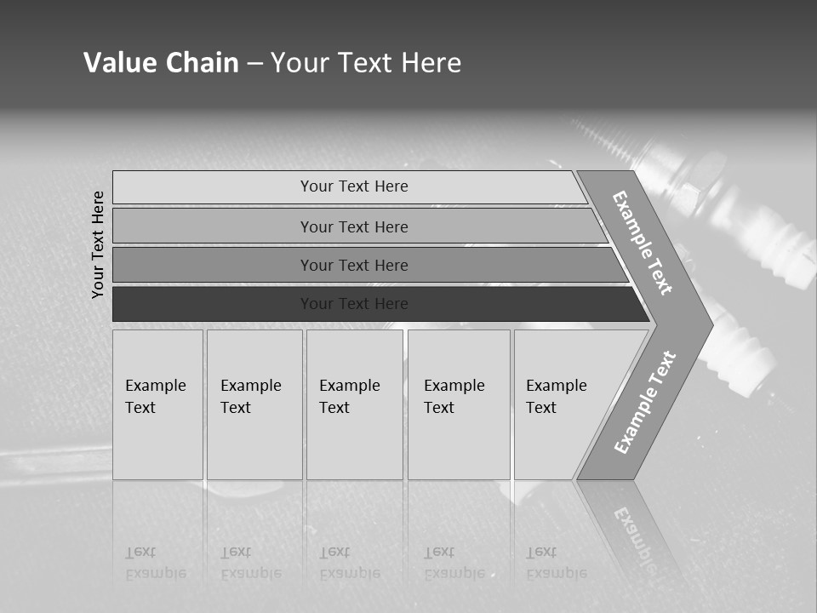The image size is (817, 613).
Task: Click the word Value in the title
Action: [x=118, y=63]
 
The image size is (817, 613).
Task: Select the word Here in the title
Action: [x=431, y=63]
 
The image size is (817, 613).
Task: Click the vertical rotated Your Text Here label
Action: [x=99, y=244]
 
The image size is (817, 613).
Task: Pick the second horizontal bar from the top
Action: [x=354, y=226]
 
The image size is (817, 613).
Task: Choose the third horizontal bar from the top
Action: [x=354, y=265]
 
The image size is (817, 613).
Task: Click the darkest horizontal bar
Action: [x=354, y=304]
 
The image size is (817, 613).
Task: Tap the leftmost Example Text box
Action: [x=157, y=404]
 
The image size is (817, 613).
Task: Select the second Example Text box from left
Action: [x=254, y=404]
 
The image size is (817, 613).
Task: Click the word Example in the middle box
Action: [x=349, y=386]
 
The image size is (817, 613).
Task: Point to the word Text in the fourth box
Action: [x=439, y=408]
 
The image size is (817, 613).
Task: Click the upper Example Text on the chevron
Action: [x=643, y=243]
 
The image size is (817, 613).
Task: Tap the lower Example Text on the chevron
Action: [x=645, y=402]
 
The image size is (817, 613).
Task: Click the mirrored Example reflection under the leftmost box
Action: [x=156, y=574]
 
